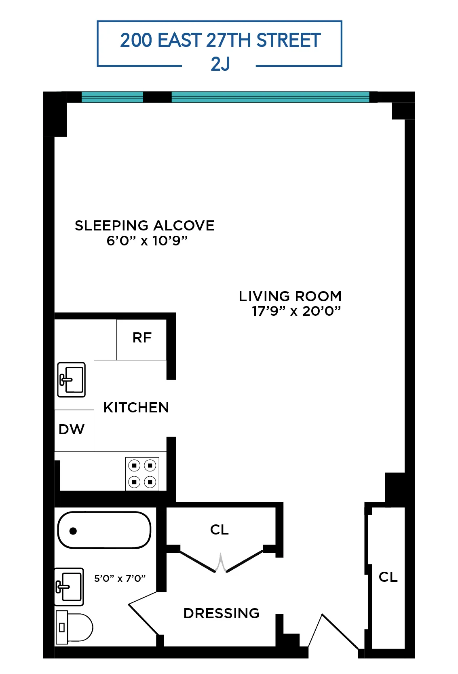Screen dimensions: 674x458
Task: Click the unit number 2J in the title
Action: pyautogui.click(x=220, y=64)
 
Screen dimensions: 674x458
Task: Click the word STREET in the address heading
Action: pyautogui.click(x=288, y=40)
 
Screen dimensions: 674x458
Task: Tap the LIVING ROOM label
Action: pyautogui.click(x=290, y=296)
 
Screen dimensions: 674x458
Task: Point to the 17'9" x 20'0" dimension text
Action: pyautogui.click(x=296, y=311)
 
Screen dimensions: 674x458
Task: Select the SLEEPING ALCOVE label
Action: pyautogui.click(x=144, y=226)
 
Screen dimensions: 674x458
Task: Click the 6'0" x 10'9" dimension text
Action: pyautogui.click(x=147, y=241)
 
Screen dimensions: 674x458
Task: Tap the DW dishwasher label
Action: pyautogui.click(x=72, y=429)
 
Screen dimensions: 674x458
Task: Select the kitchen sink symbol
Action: pyautogui.click(x=72, y=380)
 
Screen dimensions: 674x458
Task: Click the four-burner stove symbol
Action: pyautogui.click(x=142, y=474)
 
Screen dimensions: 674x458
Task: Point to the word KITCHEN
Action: pyautogui.click(x=136, y=408)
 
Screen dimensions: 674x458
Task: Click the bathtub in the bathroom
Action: pyautogui.click(x=104, y=530)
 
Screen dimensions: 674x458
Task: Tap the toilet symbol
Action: pyautogui.click(x=75, y=628)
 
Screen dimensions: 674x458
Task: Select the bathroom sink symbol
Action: pyautogui.click(x=69, y=587)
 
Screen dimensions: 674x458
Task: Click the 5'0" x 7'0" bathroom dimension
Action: pyautogui.click(x=120, y=579)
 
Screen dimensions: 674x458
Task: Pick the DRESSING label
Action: pyautogui.click(x=221, y=613)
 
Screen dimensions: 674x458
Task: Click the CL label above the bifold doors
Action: pyautogui.click(x=220, y=530)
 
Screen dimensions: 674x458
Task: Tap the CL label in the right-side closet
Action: pyautogui.click(x=388, y=577)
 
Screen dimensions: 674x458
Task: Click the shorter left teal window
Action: pyautogui.click(x=112, y=97)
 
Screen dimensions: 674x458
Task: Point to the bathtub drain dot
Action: pyautogui.click(x=73, y=531)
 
